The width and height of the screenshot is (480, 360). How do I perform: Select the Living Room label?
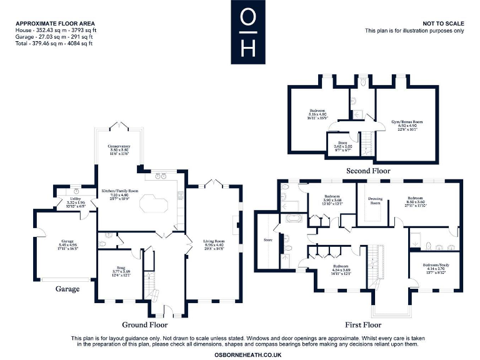pos(214,241)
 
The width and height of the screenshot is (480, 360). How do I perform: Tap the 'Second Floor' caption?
pos(368,171)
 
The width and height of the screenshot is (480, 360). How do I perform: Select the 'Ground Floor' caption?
pos(145,324)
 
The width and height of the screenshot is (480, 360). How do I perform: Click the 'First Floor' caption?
pos(364,324)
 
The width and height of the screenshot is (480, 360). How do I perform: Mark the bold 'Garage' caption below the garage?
pos(67,289)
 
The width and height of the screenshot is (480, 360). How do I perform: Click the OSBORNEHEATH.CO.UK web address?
pos(247,354)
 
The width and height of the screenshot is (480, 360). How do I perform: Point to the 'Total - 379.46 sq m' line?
pos(54,44)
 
